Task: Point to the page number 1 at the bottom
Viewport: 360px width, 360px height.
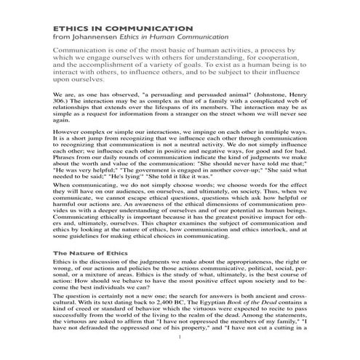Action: (179, 339)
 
